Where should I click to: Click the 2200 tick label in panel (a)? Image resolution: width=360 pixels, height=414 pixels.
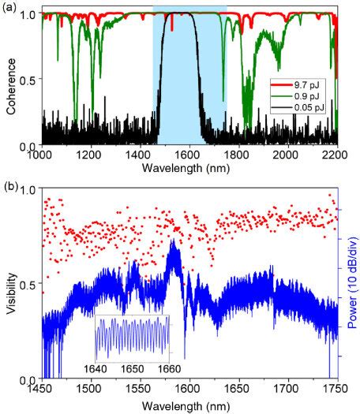336,155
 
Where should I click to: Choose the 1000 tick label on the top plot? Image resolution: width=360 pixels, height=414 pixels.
43,155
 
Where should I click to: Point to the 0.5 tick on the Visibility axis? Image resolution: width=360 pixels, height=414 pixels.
28,285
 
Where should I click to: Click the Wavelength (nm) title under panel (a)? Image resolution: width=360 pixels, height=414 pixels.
189,168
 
